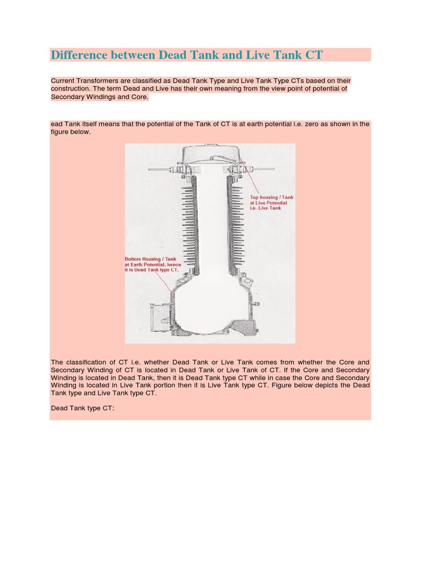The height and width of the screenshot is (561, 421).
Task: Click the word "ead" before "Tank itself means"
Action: click(x=57, y=124)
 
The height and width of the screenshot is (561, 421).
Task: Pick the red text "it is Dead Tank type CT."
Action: click(x=152, y=271)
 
